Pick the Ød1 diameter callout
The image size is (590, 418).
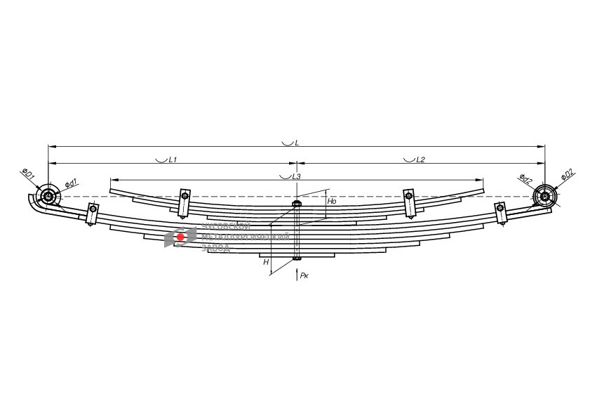click(x=71, y=183)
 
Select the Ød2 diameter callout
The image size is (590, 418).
click(x=525, y=178)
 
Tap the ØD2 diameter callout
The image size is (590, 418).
click(x=567, y=174)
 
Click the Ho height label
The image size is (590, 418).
click(x=333, y=200)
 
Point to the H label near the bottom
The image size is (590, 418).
click(x=266, y=262)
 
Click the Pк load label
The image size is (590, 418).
click(x=304, y=276)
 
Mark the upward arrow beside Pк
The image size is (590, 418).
click(x=296, y=274)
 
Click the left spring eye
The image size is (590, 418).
click(x=48, y=197)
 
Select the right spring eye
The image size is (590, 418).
click(x=544, y=195)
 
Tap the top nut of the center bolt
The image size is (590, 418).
click(x=296, y=205)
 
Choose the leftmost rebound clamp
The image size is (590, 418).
click(x=92, y=214)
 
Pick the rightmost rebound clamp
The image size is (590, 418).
click(x=500, y=213)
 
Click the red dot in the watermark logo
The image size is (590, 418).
click(x=180, y=237)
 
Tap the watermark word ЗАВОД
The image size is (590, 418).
click(x=215, y=248)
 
